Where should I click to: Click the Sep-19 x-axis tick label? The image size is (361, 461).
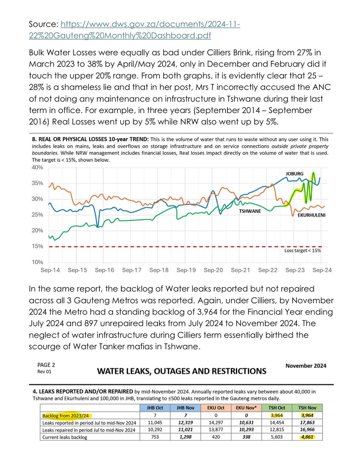point(186,270)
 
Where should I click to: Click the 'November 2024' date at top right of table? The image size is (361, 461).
point(306,366)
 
